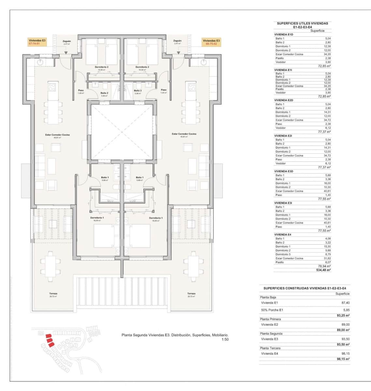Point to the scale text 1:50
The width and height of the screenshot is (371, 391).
(225, 339)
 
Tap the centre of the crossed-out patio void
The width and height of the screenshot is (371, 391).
(122, 132)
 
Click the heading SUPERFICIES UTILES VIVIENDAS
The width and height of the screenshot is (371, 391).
(302, 23)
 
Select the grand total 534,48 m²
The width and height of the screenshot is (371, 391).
(323, 270)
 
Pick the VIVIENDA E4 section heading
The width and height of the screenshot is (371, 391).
(283, 235)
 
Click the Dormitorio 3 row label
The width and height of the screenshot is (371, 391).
(283, 254)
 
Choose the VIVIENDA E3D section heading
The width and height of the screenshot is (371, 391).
(284, 171)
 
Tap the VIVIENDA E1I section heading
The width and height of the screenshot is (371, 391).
(283, 70)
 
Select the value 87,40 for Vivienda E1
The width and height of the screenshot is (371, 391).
(345, 303)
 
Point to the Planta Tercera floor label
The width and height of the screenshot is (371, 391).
(270, 348)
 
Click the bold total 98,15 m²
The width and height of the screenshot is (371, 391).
(343, 359)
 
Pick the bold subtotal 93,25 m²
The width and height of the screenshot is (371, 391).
(343, 315)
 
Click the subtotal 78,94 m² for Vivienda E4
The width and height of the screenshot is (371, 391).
(324, 266)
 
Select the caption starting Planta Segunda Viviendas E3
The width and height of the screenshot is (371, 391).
(175, 335)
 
